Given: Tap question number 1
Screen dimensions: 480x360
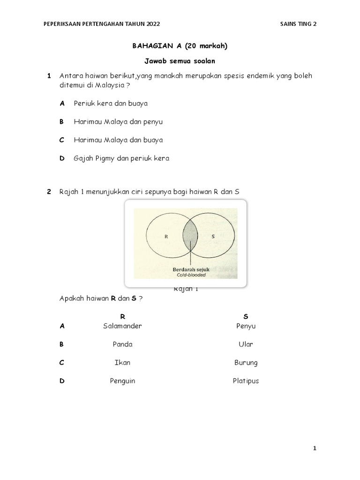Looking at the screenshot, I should point(49,76).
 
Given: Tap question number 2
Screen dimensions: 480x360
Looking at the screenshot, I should point(49,192).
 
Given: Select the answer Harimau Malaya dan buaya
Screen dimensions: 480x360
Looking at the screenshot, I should point(118,140).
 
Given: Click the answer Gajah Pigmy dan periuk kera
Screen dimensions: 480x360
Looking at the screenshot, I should point(121,158).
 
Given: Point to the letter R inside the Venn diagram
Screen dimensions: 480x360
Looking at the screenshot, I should point(166,237).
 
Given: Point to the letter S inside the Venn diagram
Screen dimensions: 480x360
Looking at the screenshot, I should point(213,237).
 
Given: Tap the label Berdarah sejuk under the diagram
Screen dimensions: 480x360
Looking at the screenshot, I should point(190,270).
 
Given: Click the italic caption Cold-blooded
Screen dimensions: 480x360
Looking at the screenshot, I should point(190,275).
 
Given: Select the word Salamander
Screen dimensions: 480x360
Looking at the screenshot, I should point(122,326).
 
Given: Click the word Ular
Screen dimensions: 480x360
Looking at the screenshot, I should point(246,344).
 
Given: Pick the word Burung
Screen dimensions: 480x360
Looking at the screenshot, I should point(246,362).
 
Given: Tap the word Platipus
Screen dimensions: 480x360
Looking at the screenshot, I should point(246,381).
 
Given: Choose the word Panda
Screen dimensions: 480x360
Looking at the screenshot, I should point(122,344).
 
